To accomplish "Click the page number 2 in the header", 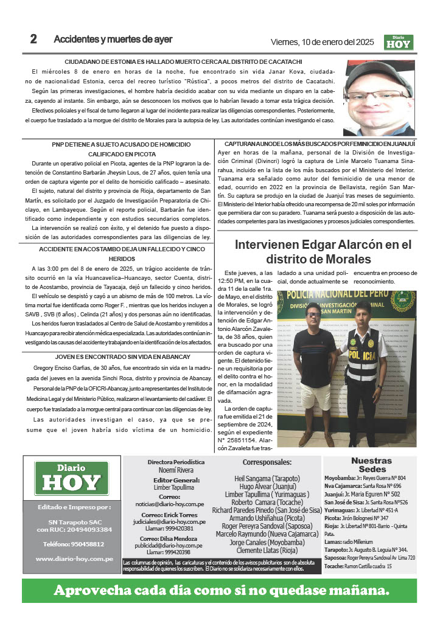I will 33,40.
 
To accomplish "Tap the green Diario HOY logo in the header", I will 399,42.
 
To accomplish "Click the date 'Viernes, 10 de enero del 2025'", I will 321,42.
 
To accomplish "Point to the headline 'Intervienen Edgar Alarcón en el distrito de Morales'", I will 323,252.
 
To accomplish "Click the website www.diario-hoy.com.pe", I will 72,559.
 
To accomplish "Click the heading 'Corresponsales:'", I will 267,462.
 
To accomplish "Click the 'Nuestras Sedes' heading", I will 371,465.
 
